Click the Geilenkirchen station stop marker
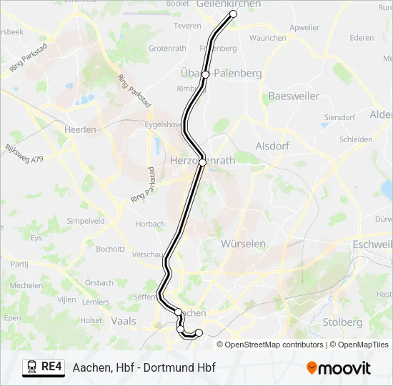(x=233, y=14)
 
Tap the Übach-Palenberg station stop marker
(x=205, y=74)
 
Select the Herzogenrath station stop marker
(x=202, y=162)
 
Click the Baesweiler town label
(x=294, y=96)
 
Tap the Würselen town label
(x=244, y=244)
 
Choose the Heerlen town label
(x=80, y=129)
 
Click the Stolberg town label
(x=342, y=322)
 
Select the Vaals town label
(x=124, y=321)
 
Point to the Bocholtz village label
(x=111, y=249)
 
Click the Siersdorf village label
(x=339, y=117)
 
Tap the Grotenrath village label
(x=169, y=48)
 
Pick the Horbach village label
(x=151, y=224)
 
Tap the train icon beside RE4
(x=32, y=367)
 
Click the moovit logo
(x=339, y=367)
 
